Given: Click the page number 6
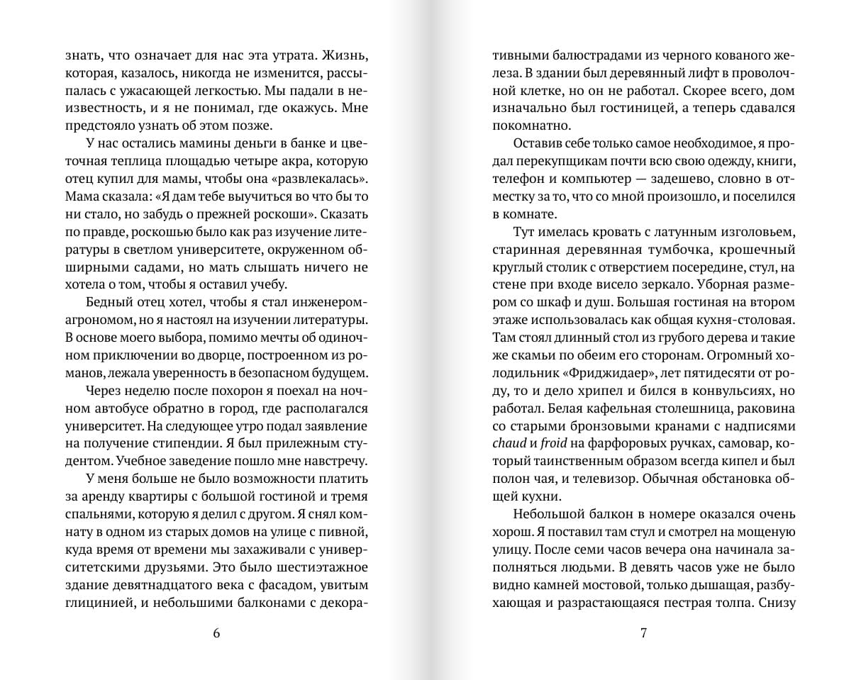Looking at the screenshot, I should click(216, 633).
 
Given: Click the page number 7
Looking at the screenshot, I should click(644, 633).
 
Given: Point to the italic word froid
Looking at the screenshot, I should click(555, 442).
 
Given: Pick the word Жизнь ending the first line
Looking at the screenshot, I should click(348, 55).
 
